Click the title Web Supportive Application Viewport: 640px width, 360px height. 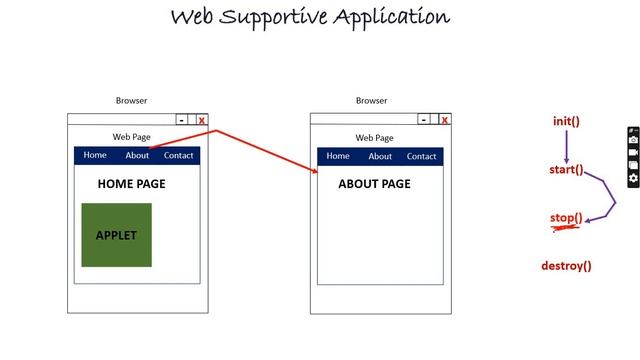[x=310, y=17]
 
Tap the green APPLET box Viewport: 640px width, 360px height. [x=116, y=235]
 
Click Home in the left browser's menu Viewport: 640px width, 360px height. [x=95, y=155]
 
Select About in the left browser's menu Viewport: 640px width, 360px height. [x=137, y=155]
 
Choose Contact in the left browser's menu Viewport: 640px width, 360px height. [x=179, y=155]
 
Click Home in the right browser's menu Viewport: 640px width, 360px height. [x=338, y=156]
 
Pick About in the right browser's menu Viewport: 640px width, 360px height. [x=380, y=156]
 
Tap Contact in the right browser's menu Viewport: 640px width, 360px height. [x=422, y=156]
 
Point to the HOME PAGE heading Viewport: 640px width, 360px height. [x=131, y=184]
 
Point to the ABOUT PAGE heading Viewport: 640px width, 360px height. [x=374, y=184]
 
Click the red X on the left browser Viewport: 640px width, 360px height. [x=202, y=120]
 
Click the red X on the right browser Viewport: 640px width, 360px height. [x=445, y=120]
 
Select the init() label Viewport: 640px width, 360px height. [x=566, y=122]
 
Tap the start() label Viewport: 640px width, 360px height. [x=566, y=170]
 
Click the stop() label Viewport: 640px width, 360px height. [x=566, y=218]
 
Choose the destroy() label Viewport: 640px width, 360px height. [x=566, y=266]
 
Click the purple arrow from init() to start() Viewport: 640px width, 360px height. [x=566, y=146]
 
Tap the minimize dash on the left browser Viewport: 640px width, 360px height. [x=181, y=120]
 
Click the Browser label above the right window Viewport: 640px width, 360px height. [x=371, y=101]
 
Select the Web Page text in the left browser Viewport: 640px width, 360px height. [x=131, y=137]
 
